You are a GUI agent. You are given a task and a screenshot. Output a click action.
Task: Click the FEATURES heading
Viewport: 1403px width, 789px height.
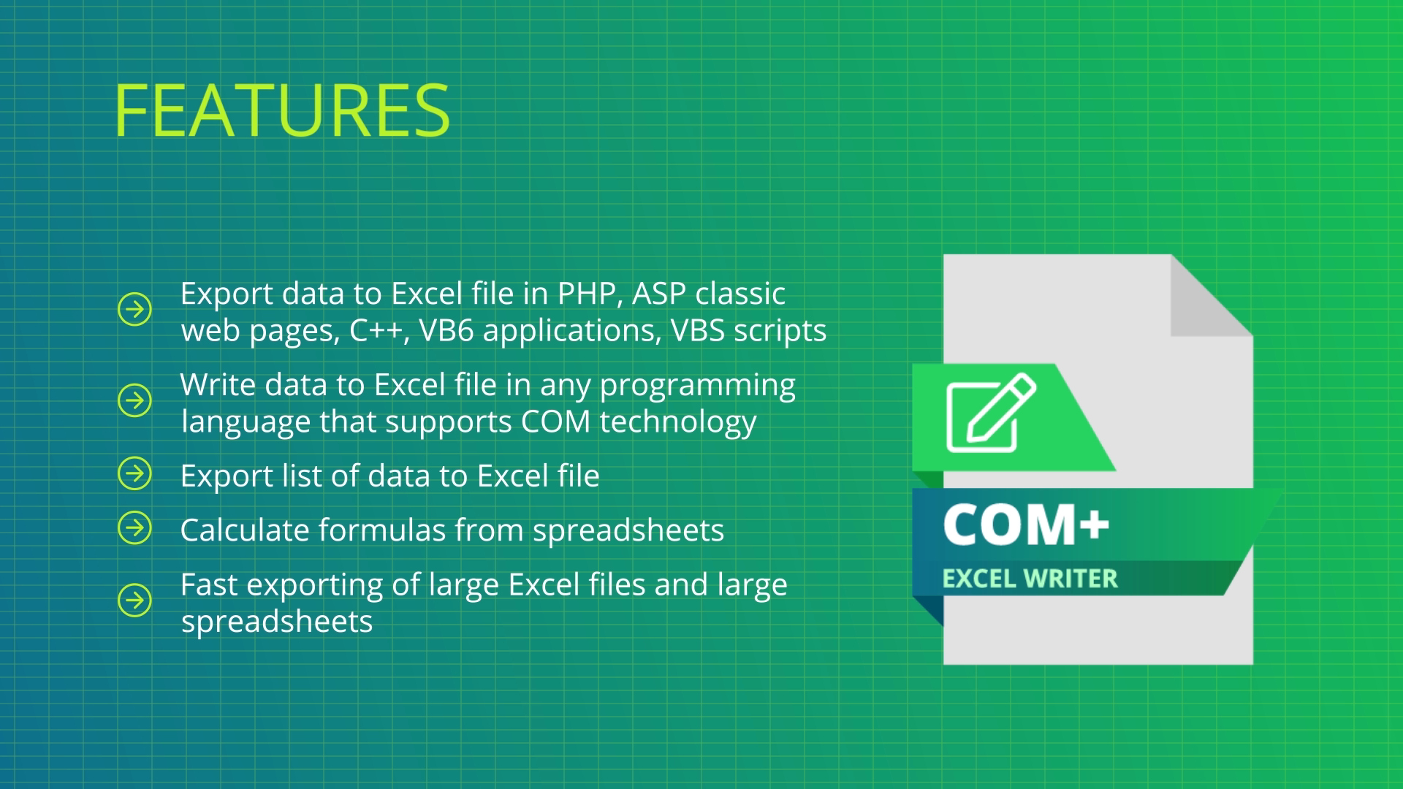[282, 110]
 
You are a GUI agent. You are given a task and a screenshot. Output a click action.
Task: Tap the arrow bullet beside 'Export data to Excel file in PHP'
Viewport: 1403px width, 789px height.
[134, 309]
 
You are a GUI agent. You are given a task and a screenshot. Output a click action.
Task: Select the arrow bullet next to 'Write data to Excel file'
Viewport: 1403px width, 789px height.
[134, 400]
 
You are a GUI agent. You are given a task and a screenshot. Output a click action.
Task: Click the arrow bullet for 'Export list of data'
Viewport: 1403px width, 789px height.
[134, 473]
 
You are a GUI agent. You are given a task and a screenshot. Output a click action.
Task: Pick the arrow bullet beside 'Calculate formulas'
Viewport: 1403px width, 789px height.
[134, 527]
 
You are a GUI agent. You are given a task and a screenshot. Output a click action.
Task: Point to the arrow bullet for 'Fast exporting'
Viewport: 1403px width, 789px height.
[134, 601]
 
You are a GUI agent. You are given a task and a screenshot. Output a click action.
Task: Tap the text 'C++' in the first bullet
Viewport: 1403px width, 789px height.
[376, 331]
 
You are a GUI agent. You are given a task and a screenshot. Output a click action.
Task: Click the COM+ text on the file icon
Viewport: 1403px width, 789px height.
[1026, 525]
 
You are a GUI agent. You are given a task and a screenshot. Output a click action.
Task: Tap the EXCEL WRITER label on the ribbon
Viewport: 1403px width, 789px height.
[1030, 579]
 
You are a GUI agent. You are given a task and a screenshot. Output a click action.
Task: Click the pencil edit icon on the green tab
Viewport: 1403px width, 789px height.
[992, 413]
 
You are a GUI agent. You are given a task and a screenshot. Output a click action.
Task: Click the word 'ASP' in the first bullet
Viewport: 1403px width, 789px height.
[659, 294]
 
